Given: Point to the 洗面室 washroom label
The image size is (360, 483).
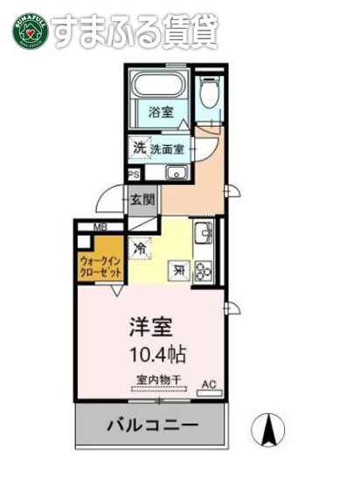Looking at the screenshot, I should (167, 148).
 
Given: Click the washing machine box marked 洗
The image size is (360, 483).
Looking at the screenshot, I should (139, 148).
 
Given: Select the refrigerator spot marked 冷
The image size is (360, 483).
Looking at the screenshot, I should (141, 248).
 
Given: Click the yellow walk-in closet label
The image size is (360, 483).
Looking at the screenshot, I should (101, 265).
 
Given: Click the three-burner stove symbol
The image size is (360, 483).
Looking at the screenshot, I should (203, 270).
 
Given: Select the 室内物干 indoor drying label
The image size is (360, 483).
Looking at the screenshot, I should (158, 380).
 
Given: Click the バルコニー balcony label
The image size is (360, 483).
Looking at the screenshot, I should (153, 427).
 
